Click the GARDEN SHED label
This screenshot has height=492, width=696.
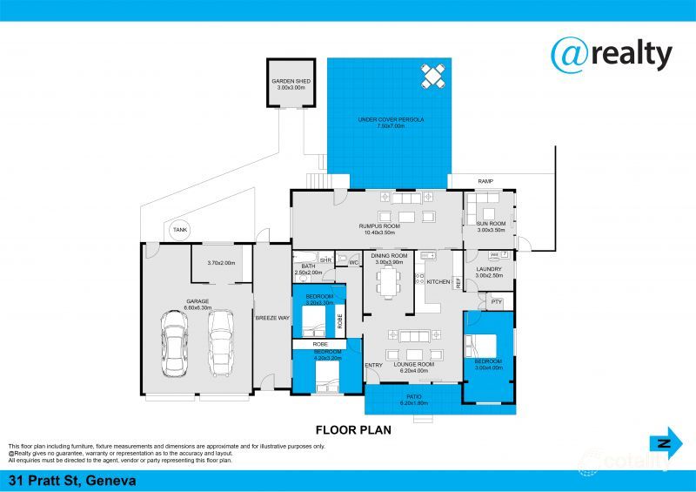291,82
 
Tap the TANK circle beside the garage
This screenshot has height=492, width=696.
180,230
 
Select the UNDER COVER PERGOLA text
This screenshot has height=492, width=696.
391,119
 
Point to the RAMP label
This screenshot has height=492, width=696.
485,181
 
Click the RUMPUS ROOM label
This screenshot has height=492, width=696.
378,229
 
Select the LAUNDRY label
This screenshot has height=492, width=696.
489,269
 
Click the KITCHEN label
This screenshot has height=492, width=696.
438,281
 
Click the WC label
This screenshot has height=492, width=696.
354,261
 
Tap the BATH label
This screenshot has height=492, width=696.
309,266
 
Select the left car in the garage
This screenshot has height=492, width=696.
174,342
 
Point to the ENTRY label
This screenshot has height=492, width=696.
374,365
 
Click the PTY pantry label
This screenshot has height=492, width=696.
496,301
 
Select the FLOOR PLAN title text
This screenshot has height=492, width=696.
352,429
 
